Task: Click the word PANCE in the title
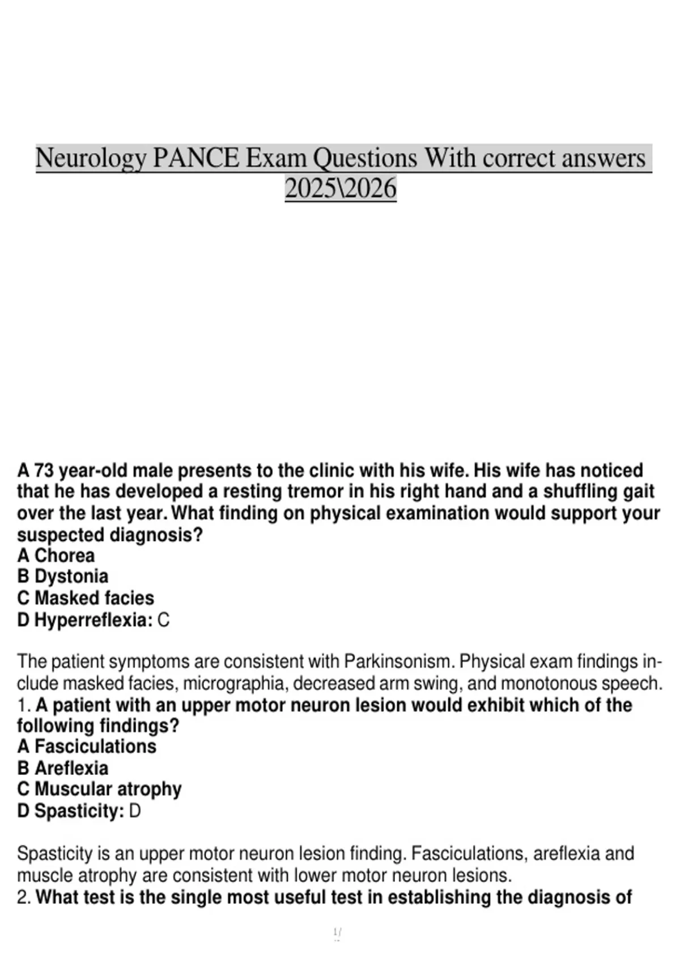pos(196,158)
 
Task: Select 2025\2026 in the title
pos(340,189)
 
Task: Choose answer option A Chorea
pos(56,556)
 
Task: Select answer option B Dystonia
pos(62,577)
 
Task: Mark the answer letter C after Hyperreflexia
pos(163,620)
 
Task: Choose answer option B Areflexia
pos(62,768)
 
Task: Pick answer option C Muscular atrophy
pos(99,789)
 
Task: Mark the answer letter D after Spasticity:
pos(135,811)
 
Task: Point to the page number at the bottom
pos(338,931)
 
